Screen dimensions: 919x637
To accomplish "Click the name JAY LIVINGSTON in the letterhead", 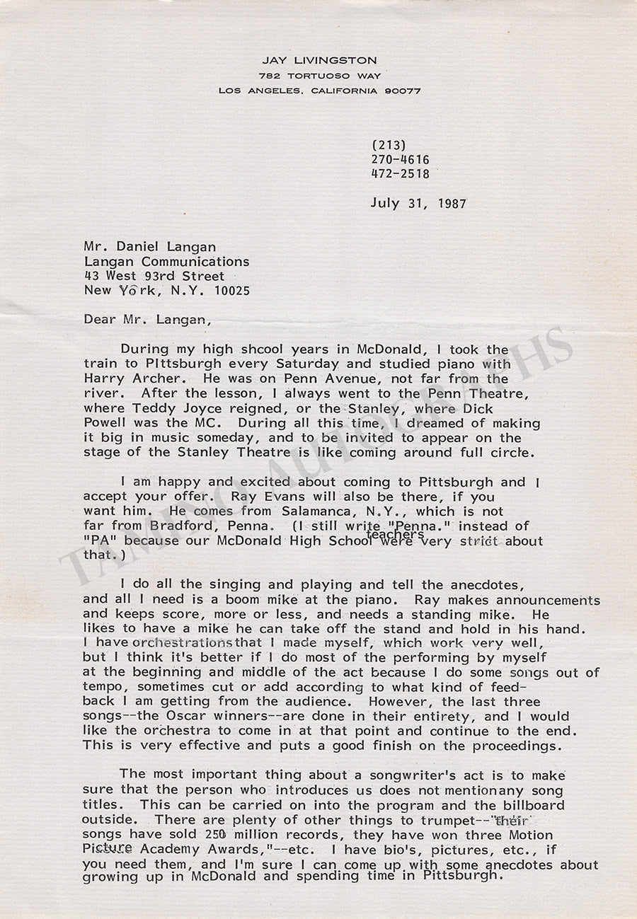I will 318,61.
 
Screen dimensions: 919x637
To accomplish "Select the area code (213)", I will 389,146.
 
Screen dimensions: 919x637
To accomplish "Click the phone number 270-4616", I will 400,160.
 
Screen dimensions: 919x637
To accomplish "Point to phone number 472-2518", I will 400,173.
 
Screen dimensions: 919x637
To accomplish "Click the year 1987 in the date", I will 449,203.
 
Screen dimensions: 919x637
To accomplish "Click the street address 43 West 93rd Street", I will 154,276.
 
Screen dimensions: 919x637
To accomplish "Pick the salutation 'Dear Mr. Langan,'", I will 147,319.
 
